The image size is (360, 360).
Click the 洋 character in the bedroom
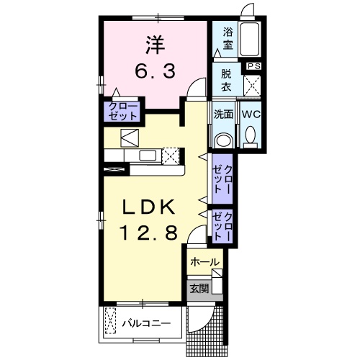tap(153, 45)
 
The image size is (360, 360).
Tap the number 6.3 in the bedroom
tap(153, 72)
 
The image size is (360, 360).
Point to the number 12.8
tap(148, 235)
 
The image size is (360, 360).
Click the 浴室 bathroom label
tap(228, 38)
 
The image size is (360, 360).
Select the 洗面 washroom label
tap(224, 114)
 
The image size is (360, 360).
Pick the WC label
tap(251, 114)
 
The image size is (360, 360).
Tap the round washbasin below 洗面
tap(224, 140)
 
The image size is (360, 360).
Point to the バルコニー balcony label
tap(146, 323)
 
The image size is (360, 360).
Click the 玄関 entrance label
tap(199, 289)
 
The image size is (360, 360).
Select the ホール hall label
tap(204, 263)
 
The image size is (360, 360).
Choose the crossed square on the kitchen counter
tap(171, 156)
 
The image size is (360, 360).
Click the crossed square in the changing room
tap(252, 84)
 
